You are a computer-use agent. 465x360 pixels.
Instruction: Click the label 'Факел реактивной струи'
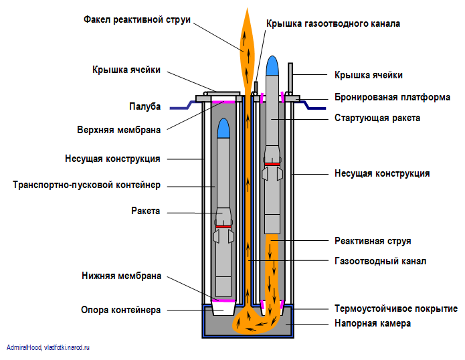[x=136, y=20]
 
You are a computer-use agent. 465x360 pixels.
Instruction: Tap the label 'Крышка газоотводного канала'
[x=333, y=23]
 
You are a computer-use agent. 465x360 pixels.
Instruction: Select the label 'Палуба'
[x=145, y=106]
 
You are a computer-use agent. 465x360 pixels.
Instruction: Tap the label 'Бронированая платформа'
[x=392, y=97]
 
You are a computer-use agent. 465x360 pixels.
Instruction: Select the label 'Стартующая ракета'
[x=377, y=118]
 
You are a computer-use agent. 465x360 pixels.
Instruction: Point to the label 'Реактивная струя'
[x=372, y=241]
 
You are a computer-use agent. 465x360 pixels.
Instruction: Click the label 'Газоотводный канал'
[x=379, y=261]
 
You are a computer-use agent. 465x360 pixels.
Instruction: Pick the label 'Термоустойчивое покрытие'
[x=395, y=309]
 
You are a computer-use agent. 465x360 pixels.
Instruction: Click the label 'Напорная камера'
[x=372, y=323]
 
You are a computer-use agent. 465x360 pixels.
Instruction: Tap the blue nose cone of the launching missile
[x=272, y=66]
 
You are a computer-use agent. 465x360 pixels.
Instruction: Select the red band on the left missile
[x=224, y=226]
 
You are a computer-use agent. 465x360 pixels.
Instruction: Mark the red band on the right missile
[x=272, y=164]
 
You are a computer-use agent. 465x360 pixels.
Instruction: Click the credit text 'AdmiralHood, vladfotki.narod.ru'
[x=48, y=348]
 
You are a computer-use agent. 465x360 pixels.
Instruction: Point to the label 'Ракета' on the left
[x=145, y=211]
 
